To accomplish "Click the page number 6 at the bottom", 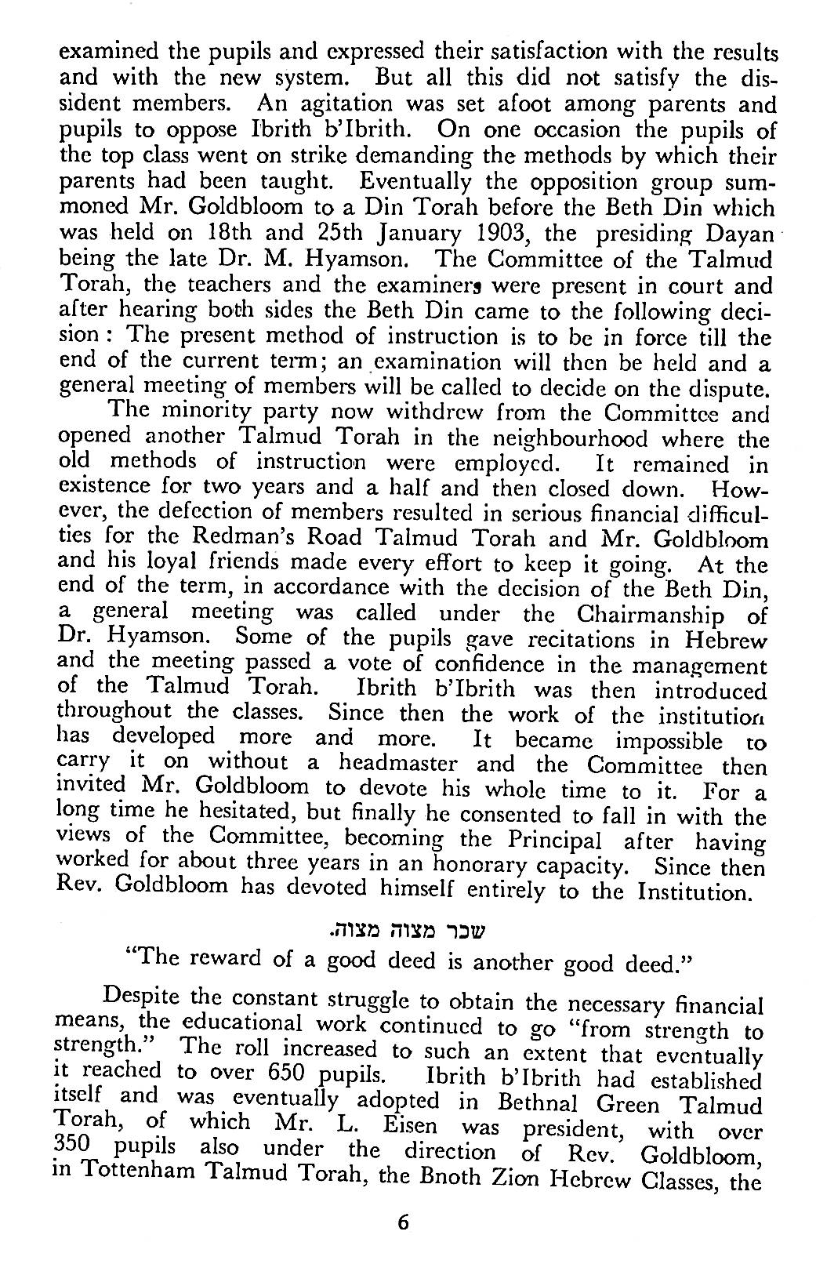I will point(404,1222).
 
